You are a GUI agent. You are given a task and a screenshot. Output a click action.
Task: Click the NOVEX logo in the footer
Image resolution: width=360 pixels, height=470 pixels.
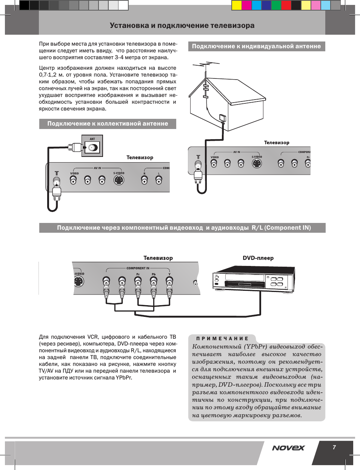coord(288,448)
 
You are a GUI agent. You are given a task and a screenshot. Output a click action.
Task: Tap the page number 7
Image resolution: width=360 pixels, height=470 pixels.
coord(334,447)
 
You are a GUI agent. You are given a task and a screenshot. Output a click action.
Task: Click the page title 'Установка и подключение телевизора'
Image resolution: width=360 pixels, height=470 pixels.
coord(182,26)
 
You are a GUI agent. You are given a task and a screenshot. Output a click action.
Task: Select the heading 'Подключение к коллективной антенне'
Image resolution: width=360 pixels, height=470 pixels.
coord(108,124)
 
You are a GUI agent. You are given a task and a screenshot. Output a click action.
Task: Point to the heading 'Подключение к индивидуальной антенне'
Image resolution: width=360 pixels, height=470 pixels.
coord(256,46)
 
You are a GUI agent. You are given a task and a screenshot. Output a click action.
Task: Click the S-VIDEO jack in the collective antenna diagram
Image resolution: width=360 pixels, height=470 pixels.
coord(119,180)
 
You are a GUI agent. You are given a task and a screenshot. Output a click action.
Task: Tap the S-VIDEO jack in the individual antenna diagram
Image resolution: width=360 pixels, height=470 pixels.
coord(257,163)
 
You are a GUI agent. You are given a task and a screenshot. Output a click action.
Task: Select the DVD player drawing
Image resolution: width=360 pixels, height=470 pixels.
coord(254,279)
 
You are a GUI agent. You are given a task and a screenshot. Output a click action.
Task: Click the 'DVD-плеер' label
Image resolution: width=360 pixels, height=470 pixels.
coord(258,258)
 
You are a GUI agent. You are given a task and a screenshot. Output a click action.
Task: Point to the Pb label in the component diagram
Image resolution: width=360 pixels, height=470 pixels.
coord(154,274)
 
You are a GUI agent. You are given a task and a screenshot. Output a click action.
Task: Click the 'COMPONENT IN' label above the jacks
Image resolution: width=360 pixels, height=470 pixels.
coord(138,268)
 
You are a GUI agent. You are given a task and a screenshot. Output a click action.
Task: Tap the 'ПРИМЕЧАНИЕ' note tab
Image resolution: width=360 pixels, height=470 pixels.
coord(222,339)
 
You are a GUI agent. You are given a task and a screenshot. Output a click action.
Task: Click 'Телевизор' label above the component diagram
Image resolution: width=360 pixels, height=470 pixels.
coord(158,258)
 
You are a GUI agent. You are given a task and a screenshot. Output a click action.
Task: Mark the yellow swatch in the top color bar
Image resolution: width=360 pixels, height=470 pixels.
coord(237,5)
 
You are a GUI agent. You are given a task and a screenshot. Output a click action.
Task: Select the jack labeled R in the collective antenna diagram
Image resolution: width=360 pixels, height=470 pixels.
coord(144,181)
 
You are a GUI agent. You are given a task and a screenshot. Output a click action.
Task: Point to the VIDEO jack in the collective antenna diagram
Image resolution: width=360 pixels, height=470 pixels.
coord(73,180)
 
